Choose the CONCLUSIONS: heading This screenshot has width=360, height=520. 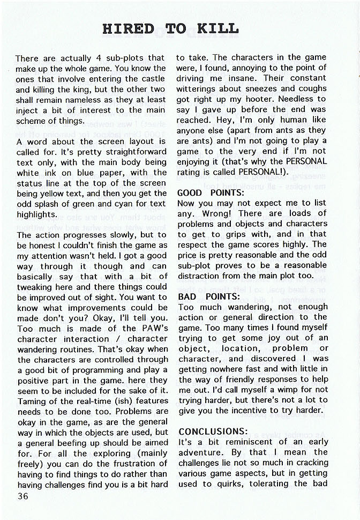213,431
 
